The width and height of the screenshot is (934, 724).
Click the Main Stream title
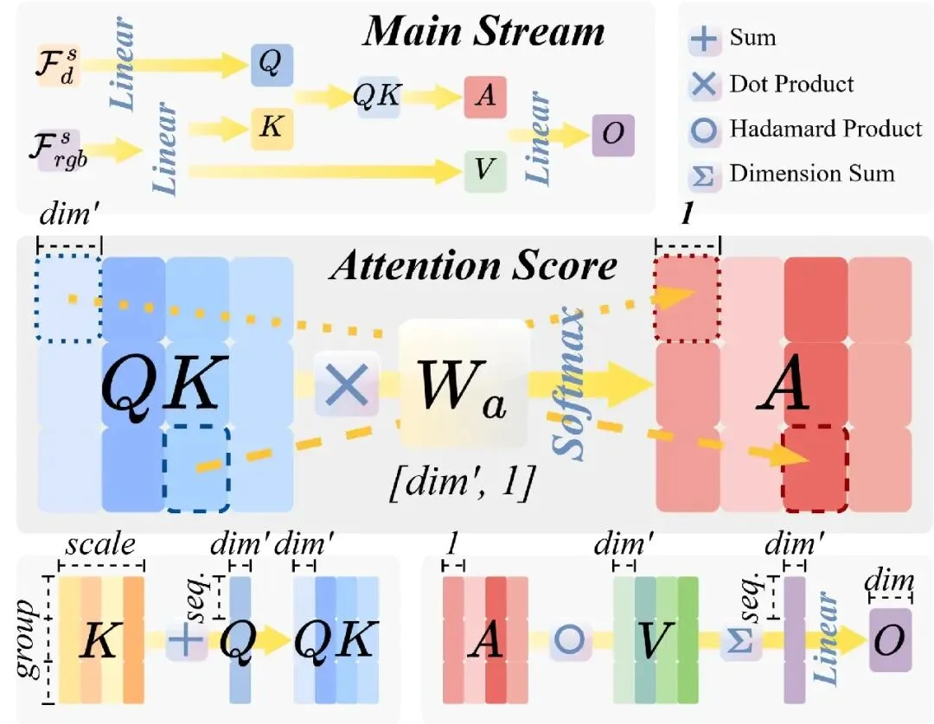point(483,33)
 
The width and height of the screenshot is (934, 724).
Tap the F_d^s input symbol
point(59,67)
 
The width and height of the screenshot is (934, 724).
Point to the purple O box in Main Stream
point(613,136)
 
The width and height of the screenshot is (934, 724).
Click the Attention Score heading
point(475,265)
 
